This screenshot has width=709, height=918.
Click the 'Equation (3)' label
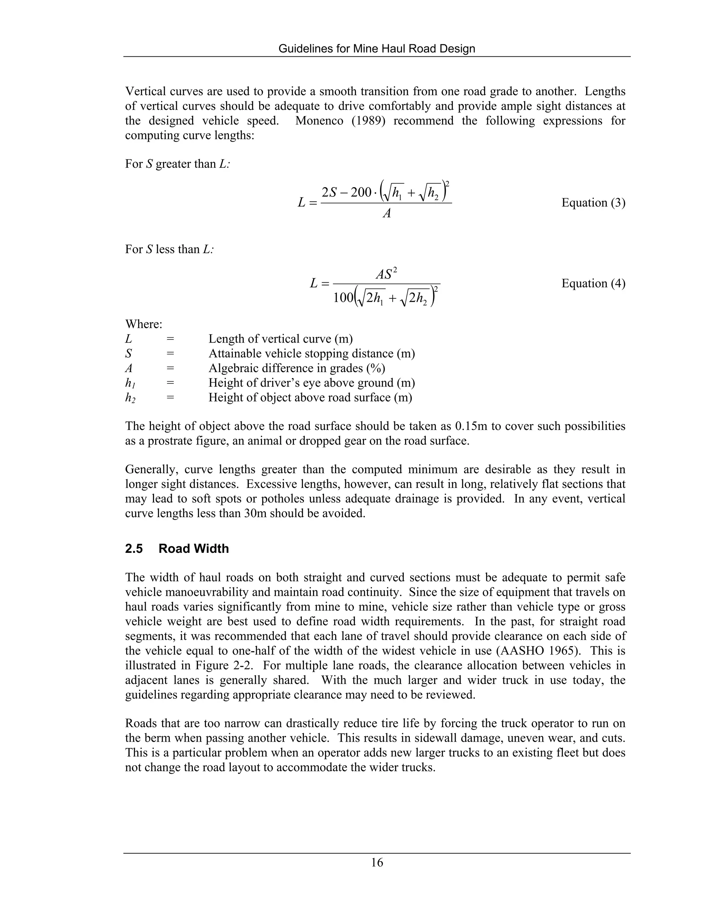(593, 203)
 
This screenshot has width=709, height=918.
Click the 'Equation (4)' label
(593, 283)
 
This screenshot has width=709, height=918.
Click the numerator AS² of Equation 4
(386, 274)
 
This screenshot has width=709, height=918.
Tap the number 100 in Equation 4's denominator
(343, 298)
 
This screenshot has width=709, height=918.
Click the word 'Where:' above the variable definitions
(144, 325)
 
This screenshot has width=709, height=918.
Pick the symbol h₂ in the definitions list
(130, 398)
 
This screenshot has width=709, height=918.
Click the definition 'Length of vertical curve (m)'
(280, 339)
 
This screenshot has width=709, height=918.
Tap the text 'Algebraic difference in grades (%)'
(297, 368)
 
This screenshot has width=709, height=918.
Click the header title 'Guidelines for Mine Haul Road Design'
(377, 49)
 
